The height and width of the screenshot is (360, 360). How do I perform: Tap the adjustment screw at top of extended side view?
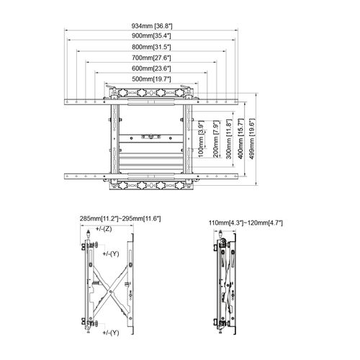click(x=87, y=235)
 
